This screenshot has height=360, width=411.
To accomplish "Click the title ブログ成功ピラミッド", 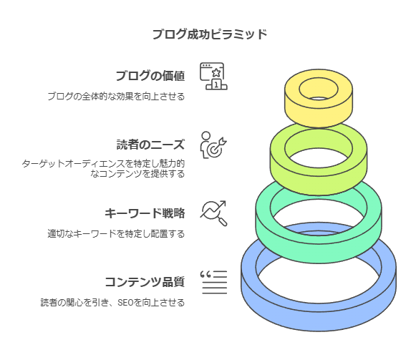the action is [210, 34].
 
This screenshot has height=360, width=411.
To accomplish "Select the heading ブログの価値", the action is [150, 76].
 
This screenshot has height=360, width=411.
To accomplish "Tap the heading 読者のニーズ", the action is [150, 145].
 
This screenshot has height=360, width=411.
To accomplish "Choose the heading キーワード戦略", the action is [145, 213].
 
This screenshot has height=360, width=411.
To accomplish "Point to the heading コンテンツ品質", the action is [145, 282].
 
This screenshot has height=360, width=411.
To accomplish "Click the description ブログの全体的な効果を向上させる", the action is [116, 97].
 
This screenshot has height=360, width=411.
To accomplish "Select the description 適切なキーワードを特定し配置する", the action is [116, 233].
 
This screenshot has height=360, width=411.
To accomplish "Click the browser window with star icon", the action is [213, 76].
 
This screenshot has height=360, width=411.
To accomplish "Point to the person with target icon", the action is [213, 145].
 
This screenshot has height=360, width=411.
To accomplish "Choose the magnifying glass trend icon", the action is [213, 213].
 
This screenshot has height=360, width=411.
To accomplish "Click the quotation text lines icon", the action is [213, 282].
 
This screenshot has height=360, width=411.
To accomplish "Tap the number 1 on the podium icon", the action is [216, 84].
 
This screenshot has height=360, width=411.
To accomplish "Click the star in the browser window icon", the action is [216, 72].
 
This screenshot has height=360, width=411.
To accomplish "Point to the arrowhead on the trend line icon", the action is [223, 203].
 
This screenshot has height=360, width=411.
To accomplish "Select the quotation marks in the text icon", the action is [205, 275].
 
